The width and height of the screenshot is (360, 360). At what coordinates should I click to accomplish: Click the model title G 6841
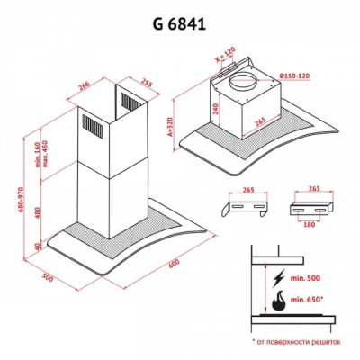click(180, 24)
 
